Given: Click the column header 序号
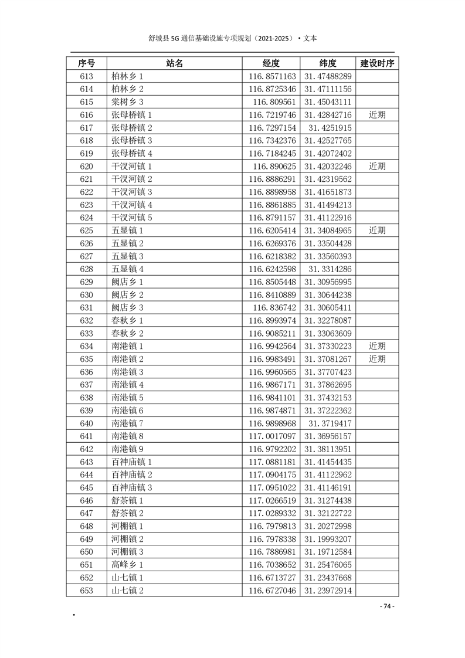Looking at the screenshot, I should coord(86,63).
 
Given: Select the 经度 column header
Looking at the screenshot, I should coord(271,63).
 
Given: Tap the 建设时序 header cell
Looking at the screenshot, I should coord(377,63).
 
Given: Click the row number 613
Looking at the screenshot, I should coord(86,76).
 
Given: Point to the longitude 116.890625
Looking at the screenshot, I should coord(273,167).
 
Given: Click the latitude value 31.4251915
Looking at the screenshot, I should coord(330,128).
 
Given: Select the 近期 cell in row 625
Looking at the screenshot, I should coord(377,230).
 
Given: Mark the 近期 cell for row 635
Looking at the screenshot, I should coord(377,359).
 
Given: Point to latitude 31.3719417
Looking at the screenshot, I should coord(330,423).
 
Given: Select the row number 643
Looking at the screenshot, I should coord(86,462).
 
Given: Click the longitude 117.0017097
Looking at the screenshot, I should coord(273,436).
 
